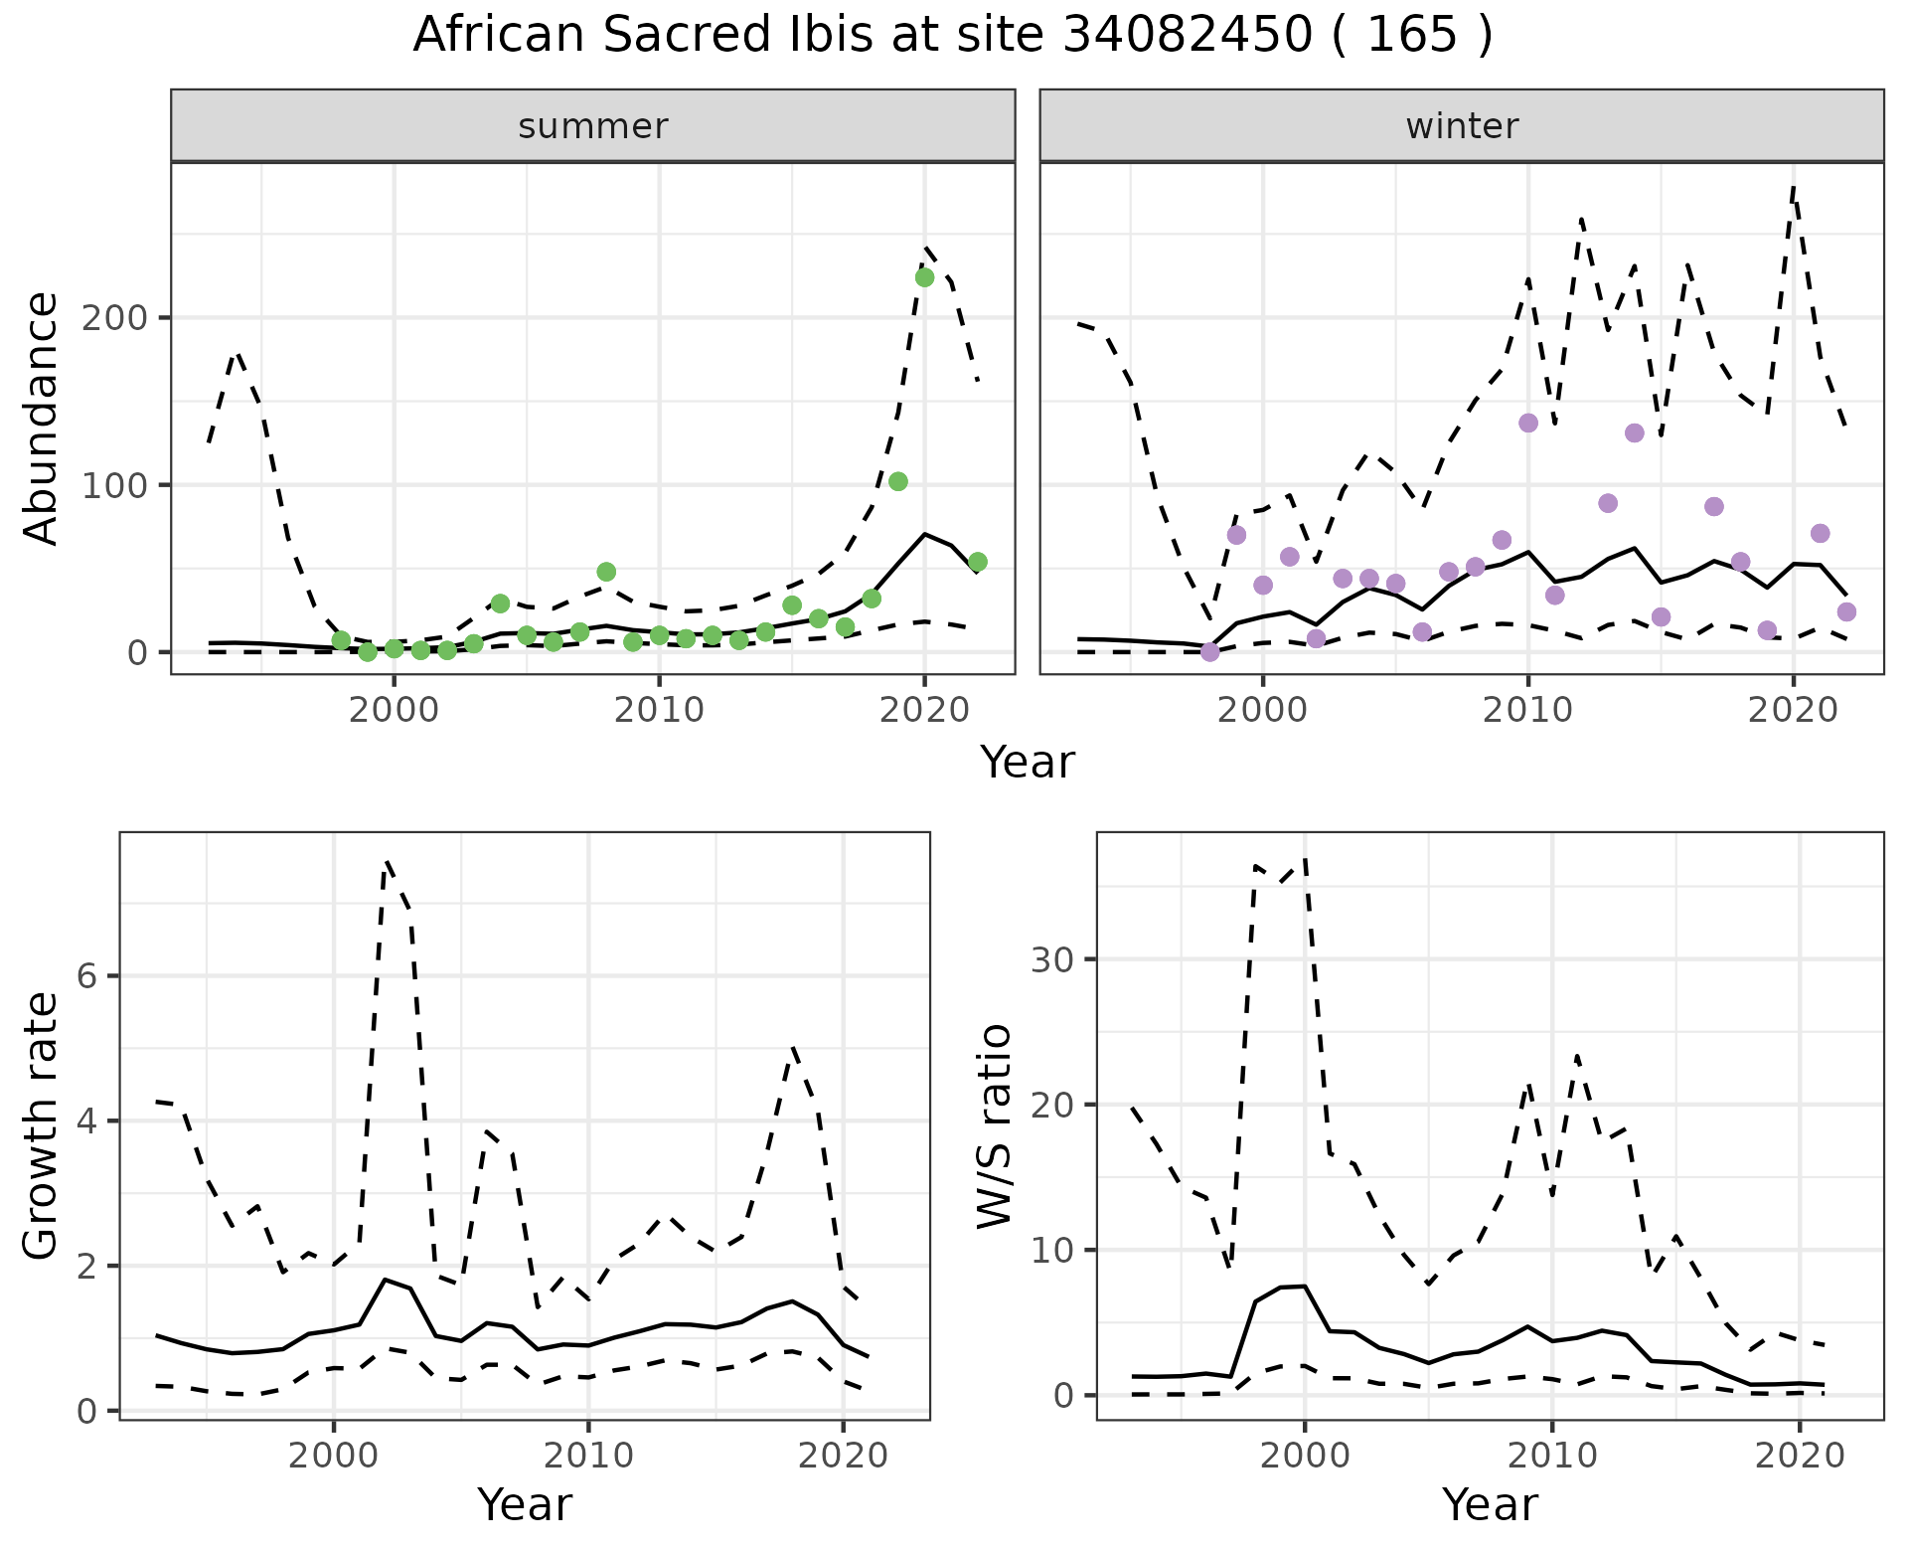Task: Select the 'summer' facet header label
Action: tap(593, 126)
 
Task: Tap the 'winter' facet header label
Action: tap(1462, 126)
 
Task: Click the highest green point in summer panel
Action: tap(924, 277)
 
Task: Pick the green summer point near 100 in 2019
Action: tap(897, 482)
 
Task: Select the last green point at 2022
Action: tap(978, 563)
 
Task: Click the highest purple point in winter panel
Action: tap(1528, 424)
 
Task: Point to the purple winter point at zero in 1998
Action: tap(1209, 652)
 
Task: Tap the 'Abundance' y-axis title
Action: tap(42, 419)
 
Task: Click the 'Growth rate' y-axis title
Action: tap(42, 1125)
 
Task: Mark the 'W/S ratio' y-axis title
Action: tap(994, 1125)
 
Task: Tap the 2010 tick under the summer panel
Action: tap(659, 710)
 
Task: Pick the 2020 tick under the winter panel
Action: tap(1793, 710)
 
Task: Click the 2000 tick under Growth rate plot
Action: tap(333, 1456)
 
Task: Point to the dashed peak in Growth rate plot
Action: tap(387, 861)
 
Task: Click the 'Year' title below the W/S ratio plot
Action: tap(1490, 1504)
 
